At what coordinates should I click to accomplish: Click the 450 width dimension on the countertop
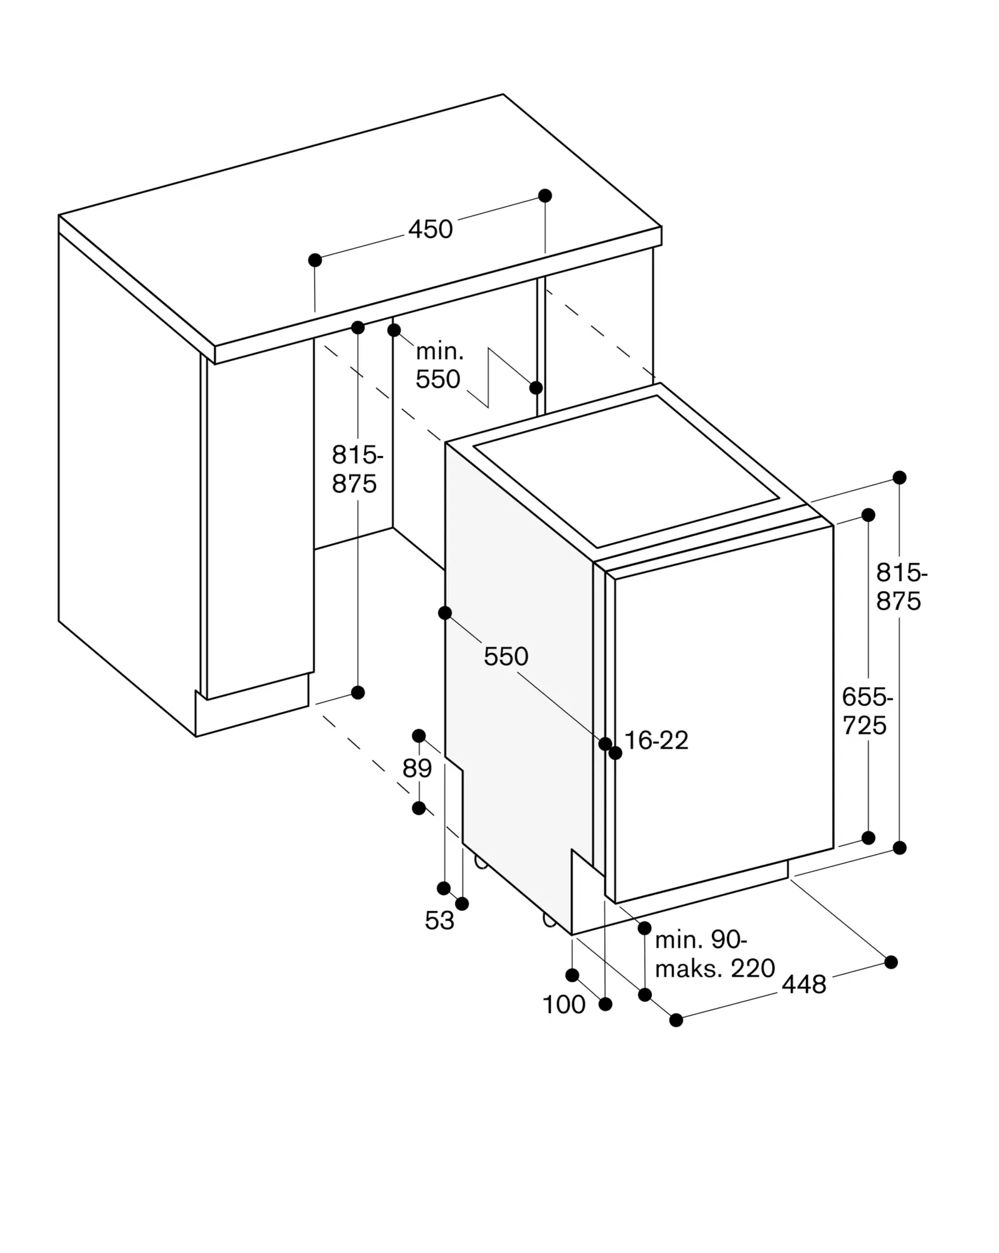[x=431, y=229]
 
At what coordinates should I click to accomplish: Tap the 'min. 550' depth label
[x=439, y=366]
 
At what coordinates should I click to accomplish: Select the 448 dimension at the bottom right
[x=803, y=985]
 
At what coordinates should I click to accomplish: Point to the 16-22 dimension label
[x=656, y=741]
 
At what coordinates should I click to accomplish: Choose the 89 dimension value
[x=417, y=768]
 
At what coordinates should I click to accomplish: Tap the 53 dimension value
[x=439, y=920]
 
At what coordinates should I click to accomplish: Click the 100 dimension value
[x=563, y=1004]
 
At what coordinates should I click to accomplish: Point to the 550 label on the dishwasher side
[x=506, y=657]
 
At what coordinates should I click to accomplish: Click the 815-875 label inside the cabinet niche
[x=357, y=469]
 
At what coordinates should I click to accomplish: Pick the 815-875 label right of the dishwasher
[x=901, y=586]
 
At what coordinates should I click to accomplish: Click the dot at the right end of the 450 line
[x=545, y=195]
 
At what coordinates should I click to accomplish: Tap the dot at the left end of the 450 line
[x=315, y=260]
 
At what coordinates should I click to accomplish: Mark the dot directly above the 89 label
[x=419, y=736]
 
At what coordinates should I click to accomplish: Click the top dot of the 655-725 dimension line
[x=868, y=515]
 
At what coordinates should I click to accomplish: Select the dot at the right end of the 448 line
[x=891, y=962]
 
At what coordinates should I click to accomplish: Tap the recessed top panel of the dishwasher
[x=627, y=470]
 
